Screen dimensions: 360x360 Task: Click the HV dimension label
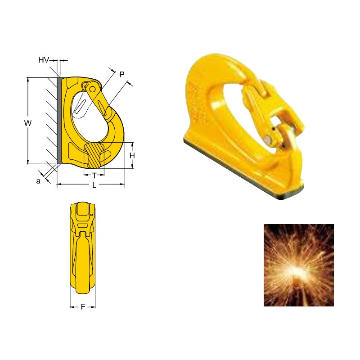pyautogui.click(x=44, y=59)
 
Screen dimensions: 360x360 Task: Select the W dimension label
pyautogui.click(x=28, y=122)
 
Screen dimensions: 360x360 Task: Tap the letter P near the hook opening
pyautogui.click(x=121, y=75)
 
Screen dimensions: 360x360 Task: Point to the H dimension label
pyautogui.click(x=132, y=155)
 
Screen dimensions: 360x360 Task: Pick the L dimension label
pyautogui.click(x=94, y=185)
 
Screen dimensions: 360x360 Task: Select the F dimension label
pyautogui.click(x=83, y=307)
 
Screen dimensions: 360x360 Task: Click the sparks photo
pyautogui.click(x=298, y=265)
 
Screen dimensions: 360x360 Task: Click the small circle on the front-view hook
pyautogui.click(x=91, y=216)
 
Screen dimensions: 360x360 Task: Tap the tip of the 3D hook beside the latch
pyautogui.click(x=295, y=130)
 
